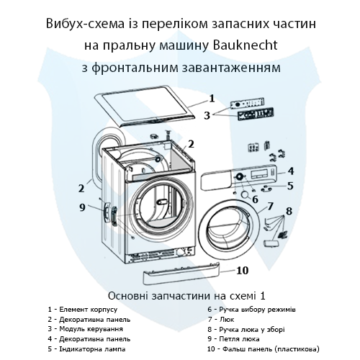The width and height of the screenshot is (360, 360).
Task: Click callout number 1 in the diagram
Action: click(212, 97)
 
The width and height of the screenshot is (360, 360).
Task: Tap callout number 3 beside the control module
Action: click(207, 115)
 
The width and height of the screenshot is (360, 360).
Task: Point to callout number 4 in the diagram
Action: click(290, 171)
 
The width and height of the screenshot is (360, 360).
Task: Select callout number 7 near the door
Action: click(270, 207)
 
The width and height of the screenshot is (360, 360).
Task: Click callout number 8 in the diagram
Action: click(289, 212)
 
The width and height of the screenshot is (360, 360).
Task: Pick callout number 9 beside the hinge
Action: click(82, 208)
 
